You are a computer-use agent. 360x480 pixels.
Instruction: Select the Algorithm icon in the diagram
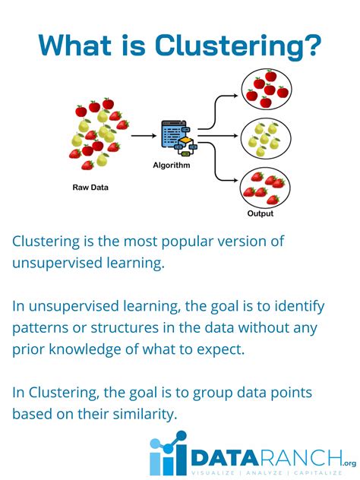click(178, 137)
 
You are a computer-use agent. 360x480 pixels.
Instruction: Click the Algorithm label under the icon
click(171, 165)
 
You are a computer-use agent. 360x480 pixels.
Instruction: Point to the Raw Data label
click(90, 186)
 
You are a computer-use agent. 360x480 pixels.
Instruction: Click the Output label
click(260, 213)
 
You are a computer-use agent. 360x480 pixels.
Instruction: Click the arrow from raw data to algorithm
click(142, 137)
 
